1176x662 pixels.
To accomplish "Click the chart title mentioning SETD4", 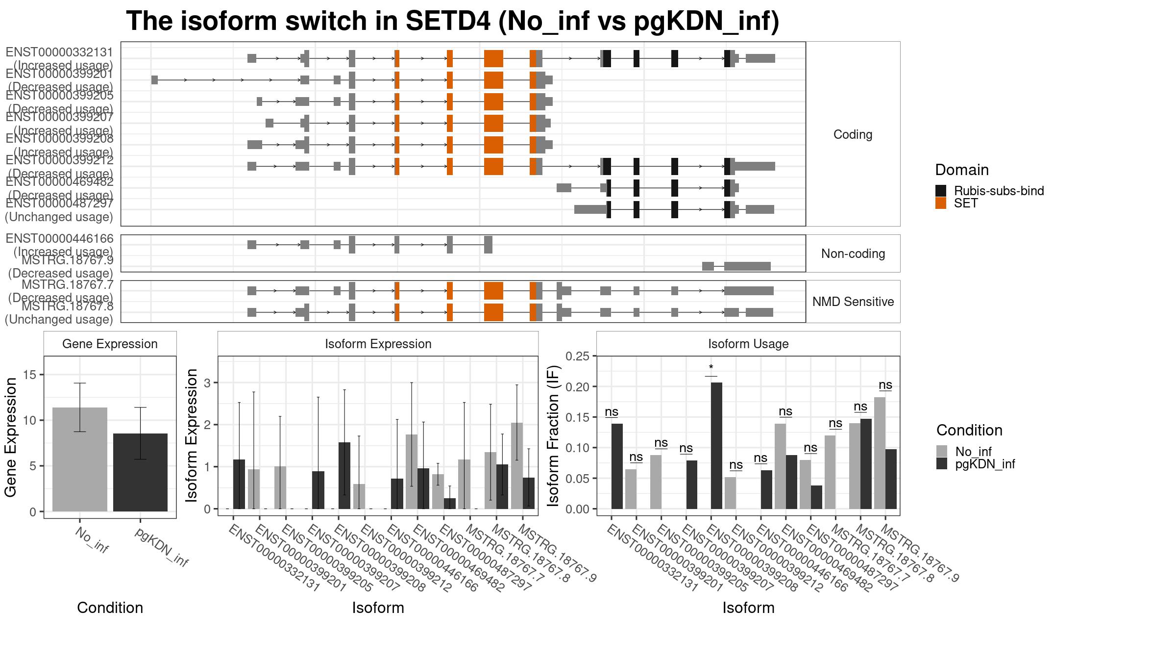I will tap(452, 22).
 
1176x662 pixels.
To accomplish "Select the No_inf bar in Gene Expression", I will tap(79, 459).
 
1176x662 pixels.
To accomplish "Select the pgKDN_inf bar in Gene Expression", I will tap(140, 472).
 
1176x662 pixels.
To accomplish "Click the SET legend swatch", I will tap(940, 203).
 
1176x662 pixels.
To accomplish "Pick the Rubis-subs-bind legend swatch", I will tap(940, 191).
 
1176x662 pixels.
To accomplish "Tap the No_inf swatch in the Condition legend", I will tap(941, 451).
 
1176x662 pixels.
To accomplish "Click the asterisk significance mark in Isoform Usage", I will tap(711, 368).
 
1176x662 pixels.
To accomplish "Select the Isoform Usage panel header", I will tap(748, 344).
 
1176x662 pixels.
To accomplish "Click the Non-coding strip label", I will tap(853, 254).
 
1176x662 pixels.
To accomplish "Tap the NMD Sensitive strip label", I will tap(853, 302).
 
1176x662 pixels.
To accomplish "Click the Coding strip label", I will tap(853, 134).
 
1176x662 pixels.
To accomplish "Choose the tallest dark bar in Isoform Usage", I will tap(716, 445).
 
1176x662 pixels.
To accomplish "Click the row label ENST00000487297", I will tap(59, 203).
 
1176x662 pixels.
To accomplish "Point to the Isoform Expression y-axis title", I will tap(192, 435).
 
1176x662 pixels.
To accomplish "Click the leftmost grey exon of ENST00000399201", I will tap(154, 80).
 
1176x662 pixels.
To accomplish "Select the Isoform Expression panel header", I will tap(378, 344).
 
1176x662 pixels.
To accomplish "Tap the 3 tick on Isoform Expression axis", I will tap(207, 382).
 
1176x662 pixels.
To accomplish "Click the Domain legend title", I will tap(961, 170).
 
